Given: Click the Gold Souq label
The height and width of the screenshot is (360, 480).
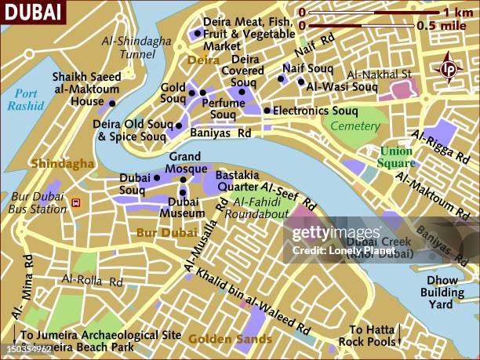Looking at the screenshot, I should [173, 93].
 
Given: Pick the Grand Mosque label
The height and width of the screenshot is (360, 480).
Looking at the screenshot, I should [188, 162].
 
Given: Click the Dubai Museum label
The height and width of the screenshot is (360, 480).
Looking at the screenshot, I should [187, 207].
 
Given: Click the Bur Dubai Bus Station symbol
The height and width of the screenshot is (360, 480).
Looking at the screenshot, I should [77, 202].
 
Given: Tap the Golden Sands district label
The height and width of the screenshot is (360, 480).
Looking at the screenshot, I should [229, 339].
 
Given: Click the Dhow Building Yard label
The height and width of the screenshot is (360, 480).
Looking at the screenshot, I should [442, 292].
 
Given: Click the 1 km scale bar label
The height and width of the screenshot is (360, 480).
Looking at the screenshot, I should [457, 13].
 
